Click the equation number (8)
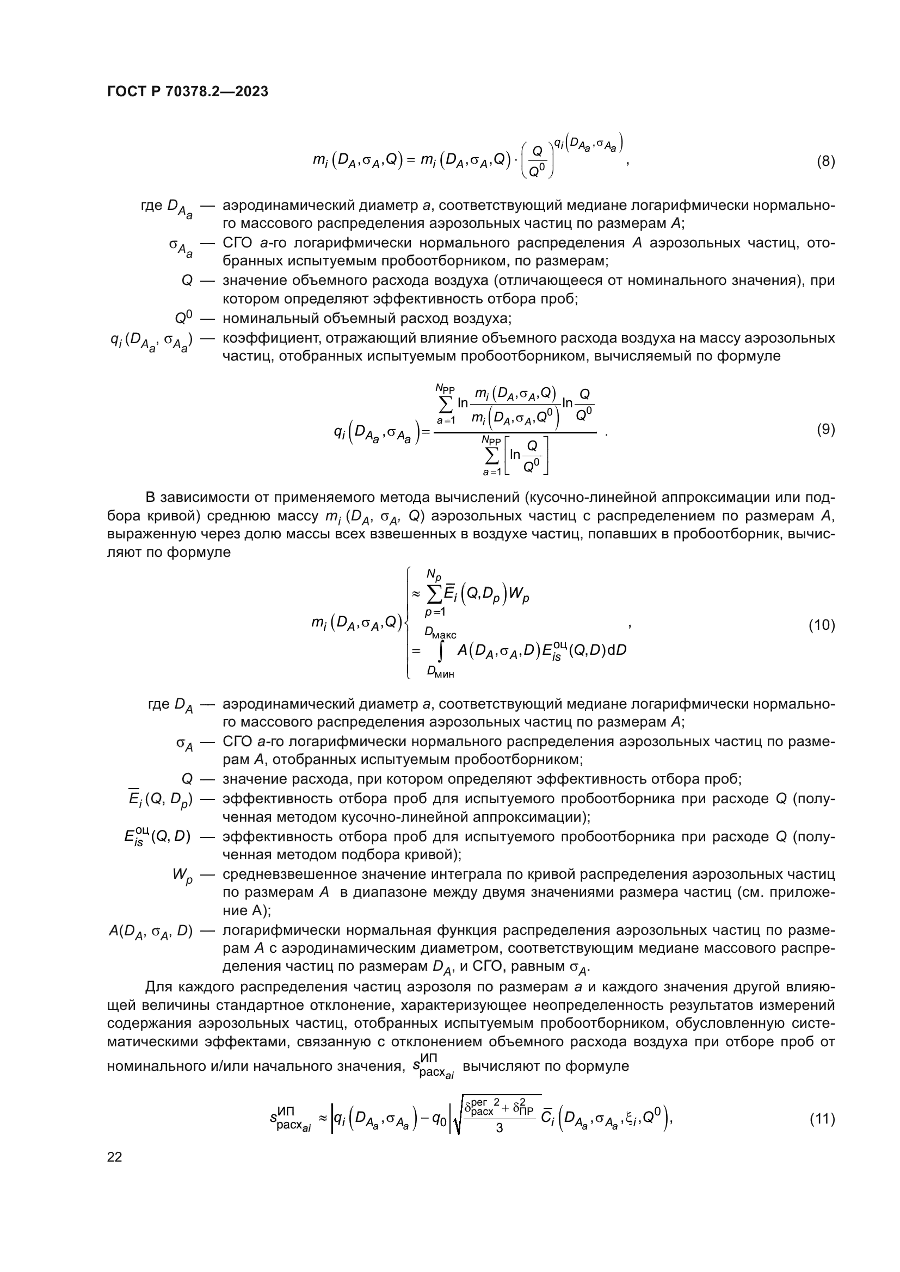[826, 162]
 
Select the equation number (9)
[826, 430]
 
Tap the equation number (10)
[822, 625]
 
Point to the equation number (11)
[822, 1119]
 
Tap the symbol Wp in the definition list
[182, 876]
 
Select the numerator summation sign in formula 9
[446, 404]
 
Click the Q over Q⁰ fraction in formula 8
[536, 161]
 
